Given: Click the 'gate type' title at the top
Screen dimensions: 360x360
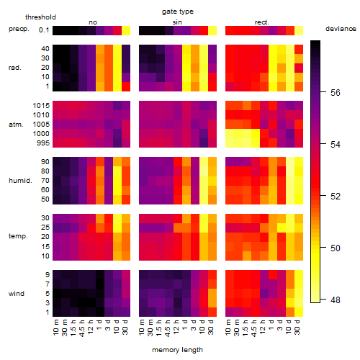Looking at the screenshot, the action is pos(178,12).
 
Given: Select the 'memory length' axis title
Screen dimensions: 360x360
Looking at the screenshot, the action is pos(177,350).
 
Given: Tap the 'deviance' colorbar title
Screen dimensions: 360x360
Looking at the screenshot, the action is pos(341,29).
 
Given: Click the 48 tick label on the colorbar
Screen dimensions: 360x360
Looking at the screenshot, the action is pos(336,300).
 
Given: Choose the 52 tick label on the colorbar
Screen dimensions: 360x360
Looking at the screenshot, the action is pos(336,197).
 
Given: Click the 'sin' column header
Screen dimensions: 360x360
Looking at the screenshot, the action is pos(177,22).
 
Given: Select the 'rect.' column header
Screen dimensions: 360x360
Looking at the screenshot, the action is pos(261,22).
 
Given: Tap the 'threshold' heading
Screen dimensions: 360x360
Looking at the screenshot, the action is pos(40,17).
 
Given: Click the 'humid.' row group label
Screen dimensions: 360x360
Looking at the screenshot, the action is pos(20,181).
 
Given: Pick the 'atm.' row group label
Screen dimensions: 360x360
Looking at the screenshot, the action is pos(16,125).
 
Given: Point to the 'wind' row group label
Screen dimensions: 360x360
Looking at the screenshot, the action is pos(17,294).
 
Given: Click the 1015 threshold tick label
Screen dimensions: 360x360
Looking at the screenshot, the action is pos(41,106).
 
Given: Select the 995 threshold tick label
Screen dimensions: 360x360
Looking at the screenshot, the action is pos(43,143).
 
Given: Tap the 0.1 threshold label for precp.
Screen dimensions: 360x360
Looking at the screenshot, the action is pos(44,30).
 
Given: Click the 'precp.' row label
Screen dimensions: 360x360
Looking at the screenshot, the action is pos(19,29).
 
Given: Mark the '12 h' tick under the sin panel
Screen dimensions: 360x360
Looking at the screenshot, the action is pos(176,327).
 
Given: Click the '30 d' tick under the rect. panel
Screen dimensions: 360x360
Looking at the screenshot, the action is pos(297,327).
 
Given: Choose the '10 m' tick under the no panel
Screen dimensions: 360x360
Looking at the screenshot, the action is pos(55,328).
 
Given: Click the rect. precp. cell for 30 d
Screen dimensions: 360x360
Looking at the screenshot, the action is pos(299,31).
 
